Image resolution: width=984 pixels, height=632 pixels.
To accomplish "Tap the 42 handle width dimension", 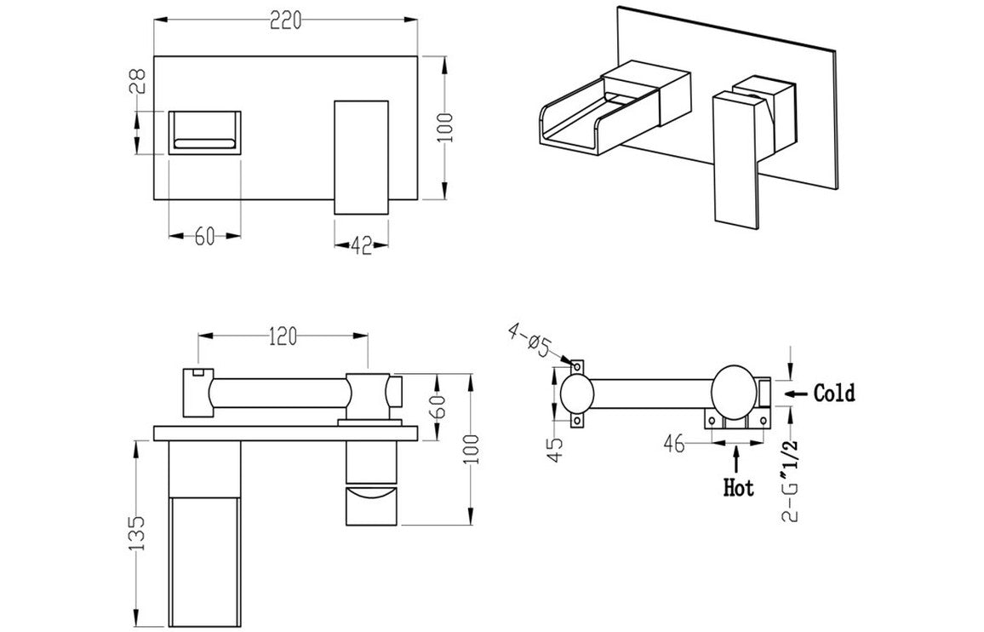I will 361,246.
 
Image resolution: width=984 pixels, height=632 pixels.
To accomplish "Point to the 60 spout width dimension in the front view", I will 204,237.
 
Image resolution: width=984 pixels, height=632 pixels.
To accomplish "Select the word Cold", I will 834,394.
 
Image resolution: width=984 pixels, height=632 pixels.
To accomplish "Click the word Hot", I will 738,488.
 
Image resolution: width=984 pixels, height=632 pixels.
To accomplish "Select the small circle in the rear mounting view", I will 577,395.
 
